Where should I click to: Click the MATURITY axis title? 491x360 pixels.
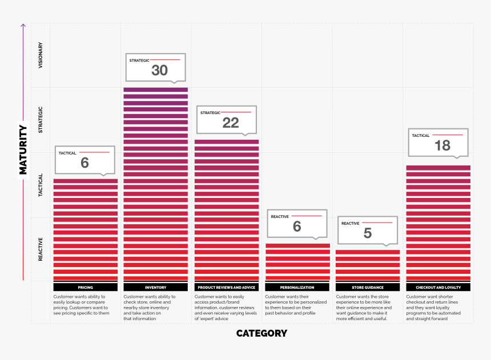23,149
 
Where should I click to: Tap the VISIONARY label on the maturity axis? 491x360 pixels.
41,56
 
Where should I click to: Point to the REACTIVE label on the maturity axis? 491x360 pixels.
41,250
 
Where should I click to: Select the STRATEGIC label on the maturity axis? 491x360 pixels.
41,120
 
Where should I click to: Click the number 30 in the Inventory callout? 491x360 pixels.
159,70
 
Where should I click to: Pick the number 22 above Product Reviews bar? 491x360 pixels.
231,123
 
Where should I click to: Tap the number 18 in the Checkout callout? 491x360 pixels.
442,145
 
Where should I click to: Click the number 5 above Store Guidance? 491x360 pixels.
368,233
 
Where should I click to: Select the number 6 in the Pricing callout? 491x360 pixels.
84,163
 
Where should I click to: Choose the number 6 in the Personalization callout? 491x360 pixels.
297,226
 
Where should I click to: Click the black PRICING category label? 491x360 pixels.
85,288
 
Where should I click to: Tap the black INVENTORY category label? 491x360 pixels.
156,288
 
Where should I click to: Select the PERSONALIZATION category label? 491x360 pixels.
297,288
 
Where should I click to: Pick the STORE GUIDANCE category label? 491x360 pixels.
368,288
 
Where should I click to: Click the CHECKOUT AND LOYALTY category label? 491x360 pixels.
438,288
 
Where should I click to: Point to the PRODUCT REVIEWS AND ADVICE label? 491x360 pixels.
227,288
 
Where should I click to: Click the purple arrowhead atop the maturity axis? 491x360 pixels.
23,25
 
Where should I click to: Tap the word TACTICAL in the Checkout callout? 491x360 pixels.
421,136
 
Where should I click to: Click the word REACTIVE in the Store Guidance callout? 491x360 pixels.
351,224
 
